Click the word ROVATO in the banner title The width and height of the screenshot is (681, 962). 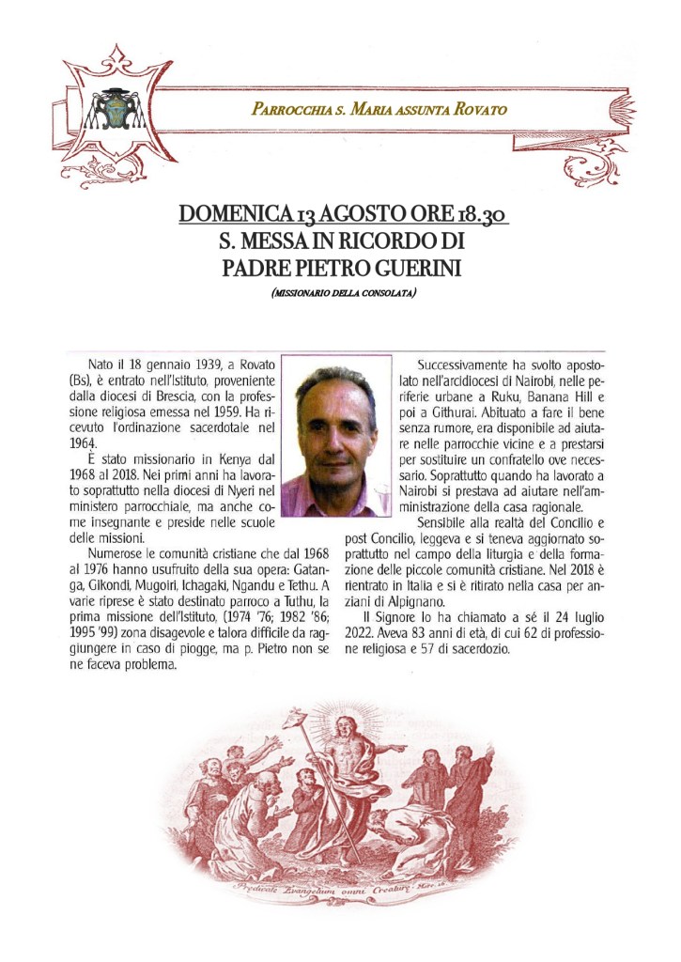(x=480, y=109)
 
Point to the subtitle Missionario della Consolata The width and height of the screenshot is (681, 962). (x=343, y=295)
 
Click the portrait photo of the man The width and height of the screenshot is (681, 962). (x=335, y=435)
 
